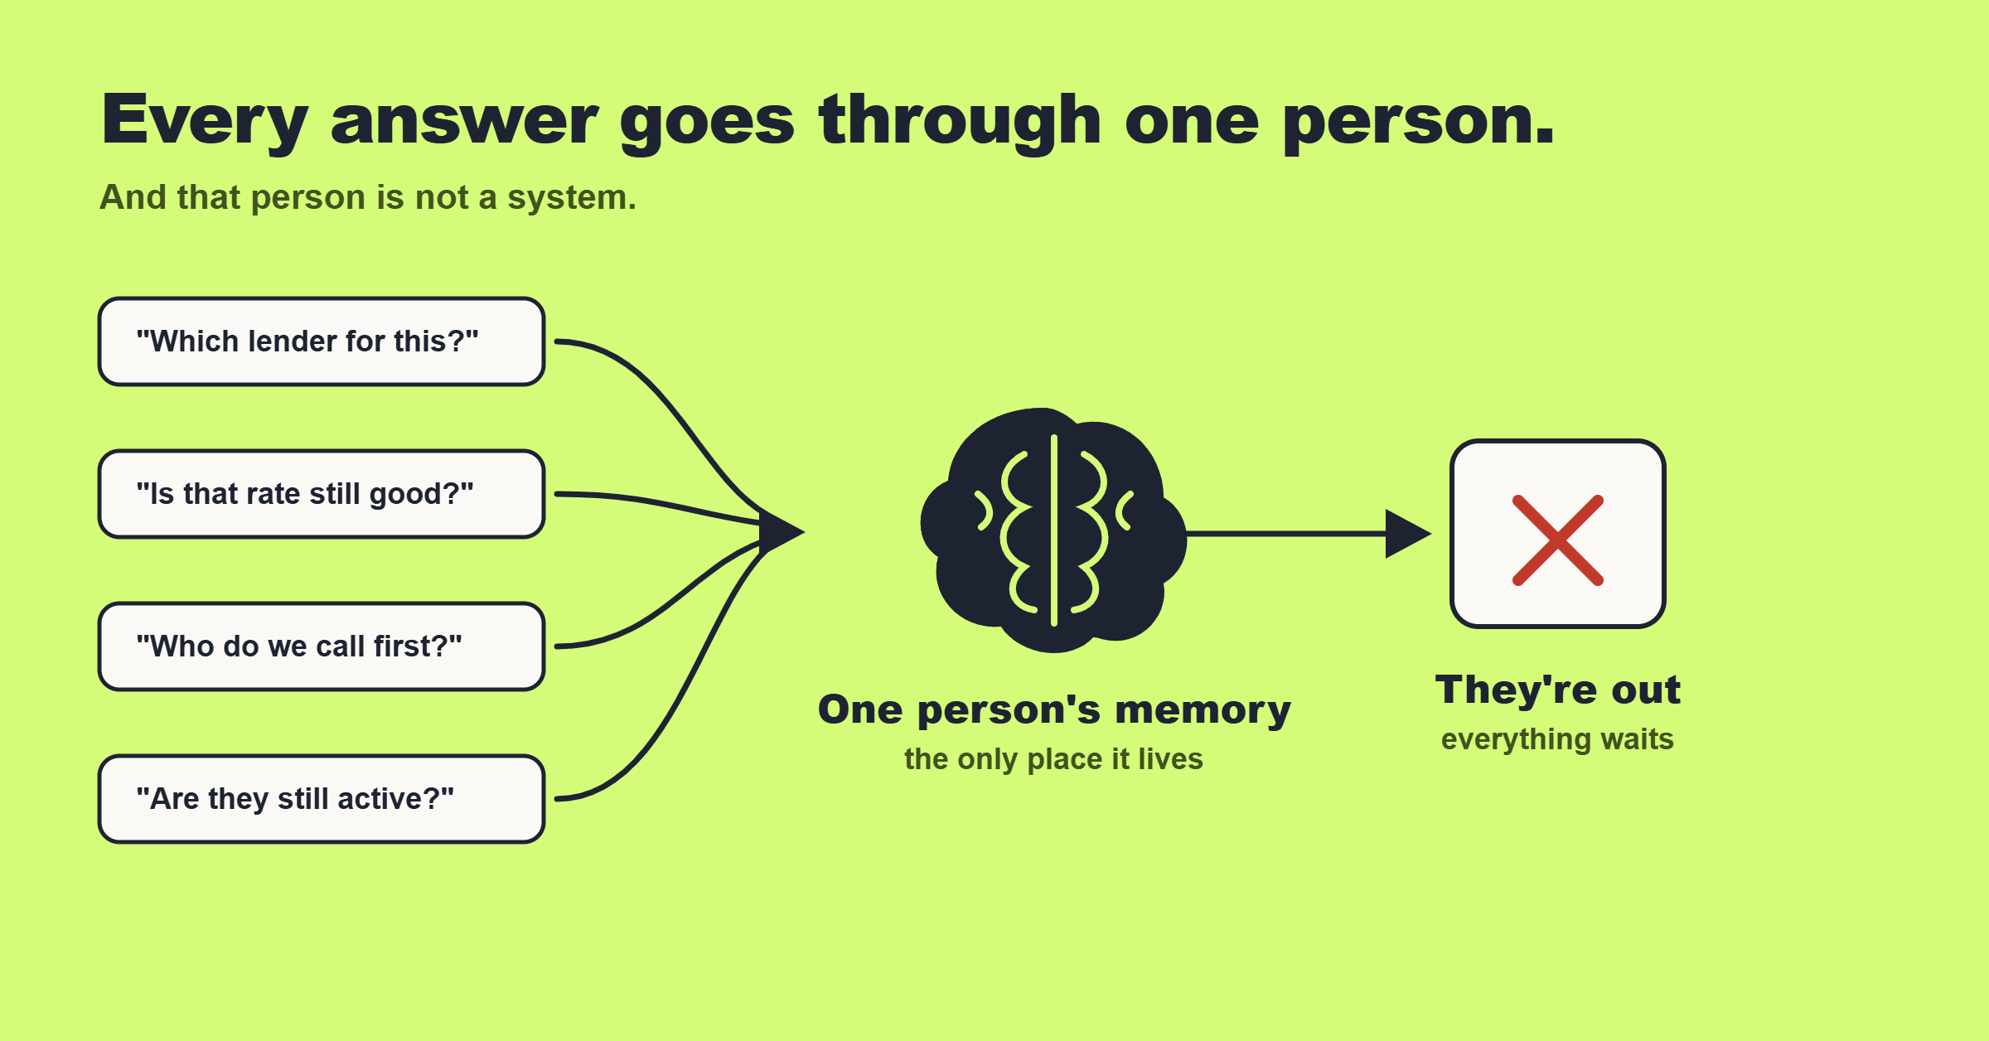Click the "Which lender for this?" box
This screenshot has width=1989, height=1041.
click(322, 341)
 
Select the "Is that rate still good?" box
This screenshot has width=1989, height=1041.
click(322, 494)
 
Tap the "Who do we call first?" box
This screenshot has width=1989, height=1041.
click(322, 646)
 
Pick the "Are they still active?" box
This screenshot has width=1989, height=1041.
click(322, 799)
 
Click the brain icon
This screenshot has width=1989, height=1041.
click(1053, 530)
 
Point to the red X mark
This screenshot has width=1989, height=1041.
click(1558, 540)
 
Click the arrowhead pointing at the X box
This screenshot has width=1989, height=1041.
click(1408, 534)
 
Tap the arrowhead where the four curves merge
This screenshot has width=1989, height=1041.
click(782, 531)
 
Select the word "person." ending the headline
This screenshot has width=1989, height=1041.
click(1418, 123)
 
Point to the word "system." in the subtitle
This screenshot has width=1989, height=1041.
click(572, 198)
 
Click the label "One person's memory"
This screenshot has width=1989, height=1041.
click(1054, 710)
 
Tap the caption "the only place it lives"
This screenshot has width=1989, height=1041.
click(1053, 759)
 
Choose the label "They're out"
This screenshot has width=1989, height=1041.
click(1558, 690)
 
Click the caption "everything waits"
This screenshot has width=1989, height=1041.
click(1557, 739)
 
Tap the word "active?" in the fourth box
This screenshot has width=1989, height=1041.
click(396, 799)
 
